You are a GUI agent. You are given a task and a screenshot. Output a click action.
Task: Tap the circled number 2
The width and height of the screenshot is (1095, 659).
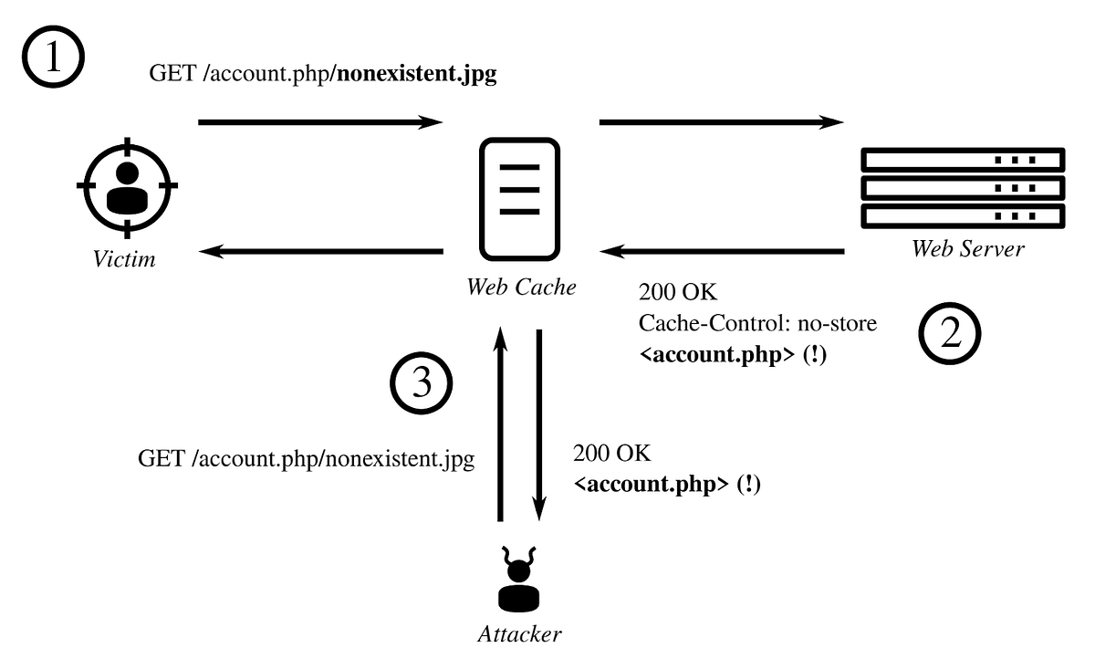tap(949, 335)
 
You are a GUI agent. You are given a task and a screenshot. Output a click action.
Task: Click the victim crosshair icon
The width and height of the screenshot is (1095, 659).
tap(126, 185)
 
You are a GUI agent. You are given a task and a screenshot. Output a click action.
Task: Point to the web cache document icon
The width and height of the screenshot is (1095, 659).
tap(519, 198)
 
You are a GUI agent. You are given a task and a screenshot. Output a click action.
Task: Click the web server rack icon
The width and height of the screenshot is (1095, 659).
tap(963, 188)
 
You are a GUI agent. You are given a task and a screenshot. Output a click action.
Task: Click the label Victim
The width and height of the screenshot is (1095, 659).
tap(125, 259)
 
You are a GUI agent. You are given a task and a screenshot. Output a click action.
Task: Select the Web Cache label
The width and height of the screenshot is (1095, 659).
tap(521, 287)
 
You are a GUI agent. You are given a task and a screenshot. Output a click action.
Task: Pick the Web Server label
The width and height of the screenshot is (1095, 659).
tap(967, 248)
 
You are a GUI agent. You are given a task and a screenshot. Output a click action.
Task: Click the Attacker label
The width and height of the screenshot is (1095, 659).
tap(520, 633)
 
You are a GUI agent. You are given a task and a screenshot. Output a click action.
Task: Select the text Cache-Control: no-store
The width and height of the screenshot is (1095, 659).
tap(757, 324)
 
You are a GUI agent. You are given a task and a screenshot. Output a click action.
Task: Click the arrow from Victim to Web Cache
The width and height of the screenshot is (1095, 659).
tap(319, 121)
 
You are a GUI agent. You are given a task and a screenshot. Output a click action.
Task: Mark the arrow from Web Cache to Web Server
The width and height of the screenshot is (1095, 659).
tap(721, 121)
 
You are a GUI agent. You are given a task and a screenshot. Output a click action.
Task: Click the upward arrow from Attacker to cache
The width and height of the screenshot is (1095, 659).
tap(500, 424)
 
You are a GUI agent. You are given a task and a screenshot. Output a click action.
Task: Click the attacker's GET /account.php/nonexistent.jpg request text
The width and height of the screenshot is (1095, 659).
tap(306, 458)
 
